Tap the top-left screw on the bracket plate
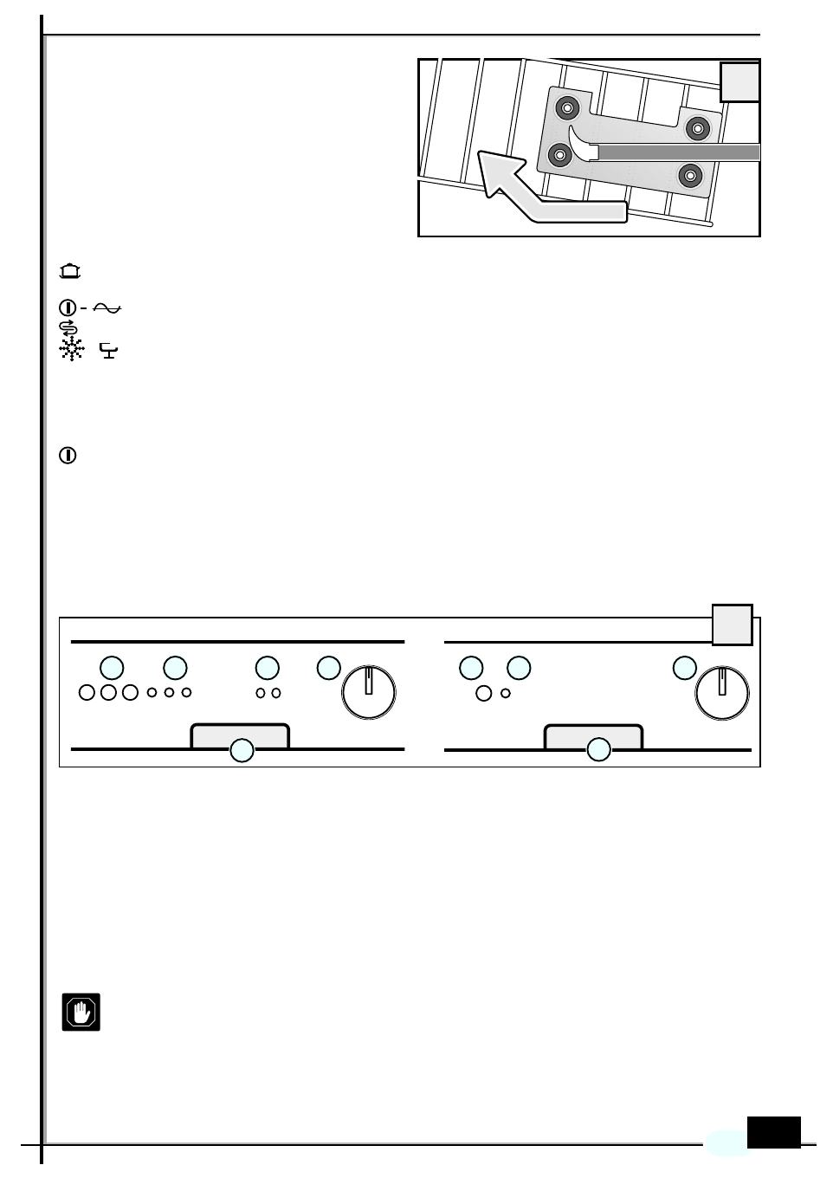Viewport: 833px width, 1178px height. pyautogui.click(x=568, y=108)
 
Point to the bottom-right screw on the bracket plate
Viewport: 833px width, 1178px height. pyautogui.click(x=690, y=176)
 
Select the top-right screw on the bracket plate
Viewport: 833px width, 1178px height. pyautogui.click(x=697, y=128)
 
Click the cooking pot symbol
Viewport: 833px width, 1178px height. pyautogui.click(x=70, y=272)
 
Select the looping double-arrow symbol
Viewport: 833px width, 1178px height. pyautogui.click(x=68, y=327)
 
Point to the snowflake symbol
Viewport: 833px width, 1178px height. pyautogui.click(x=71, y=349)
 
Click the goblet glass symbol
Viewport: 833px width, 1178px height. pyautogui.click(x=109, y=351)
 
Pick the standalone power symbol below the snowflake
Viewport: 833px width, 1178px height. pyautogui.click(x=68, y=456)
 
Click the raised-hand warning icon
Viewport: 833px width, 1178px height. pyautogui.click(x=81, y=1012)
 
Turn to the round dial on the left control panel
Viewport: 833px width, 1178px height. pyautogui.click(x=369, y=693)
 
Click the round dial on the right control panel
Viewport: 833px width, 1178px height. pyautogui.click(x=722, y=693)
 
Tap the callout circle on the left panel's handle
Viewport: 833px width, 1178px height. pyautogui.click(x=242, y=750)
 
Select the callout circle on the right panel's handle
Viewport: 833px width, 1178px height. pyautogui.click(x=598, y=750)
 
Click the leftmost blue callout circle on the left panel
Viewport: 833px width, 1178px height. pyautogui.click(x=112, y=668)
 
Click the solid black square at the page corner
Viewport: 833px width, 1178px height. pyautogui.click(x=773, y=1132)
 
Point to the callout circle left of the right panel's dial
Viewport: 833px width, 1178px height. pyautogui.click(x=685, y=668)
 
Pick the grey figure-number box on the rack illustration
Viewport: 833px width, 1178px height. pyautogui.click(x=740, y=82)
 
